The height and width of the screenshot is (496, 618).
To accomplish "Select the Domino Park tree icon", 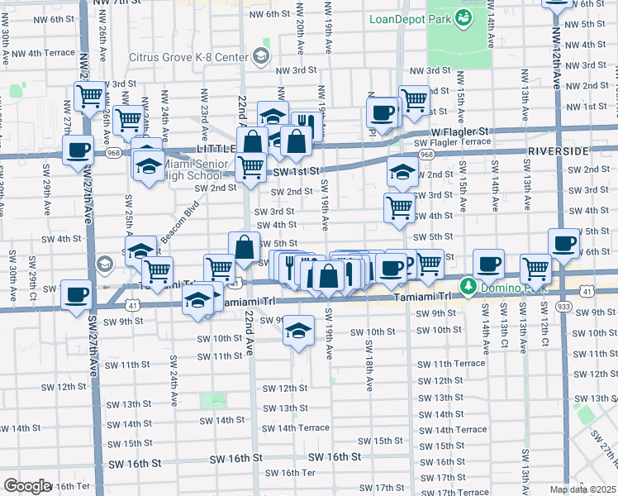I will tap(468, 287).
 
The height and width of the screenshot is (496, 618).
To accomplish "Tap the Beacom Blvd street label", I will tap(180, 225).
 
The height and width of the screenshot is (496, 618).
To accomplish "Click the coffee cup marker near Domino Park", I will tap(488, 263).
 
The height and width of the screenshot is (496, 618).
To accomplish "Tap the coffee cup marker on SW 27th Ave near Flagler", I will tap(78, 150).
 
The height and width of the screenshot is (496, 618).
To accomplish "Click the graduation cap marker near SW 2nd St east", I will tap(402, 172).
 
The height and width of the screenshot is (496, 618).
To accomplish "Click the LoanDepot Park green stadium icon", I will tap(463, 16).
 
